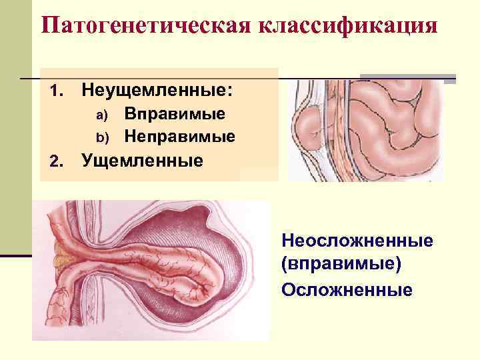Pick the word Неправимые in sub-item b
point(180,137)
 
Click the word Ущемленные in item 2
point(142,161)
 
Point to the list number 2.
point(55,161)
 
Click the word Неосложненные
point(357,239)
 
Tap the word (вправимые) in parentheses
point(341,265)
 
